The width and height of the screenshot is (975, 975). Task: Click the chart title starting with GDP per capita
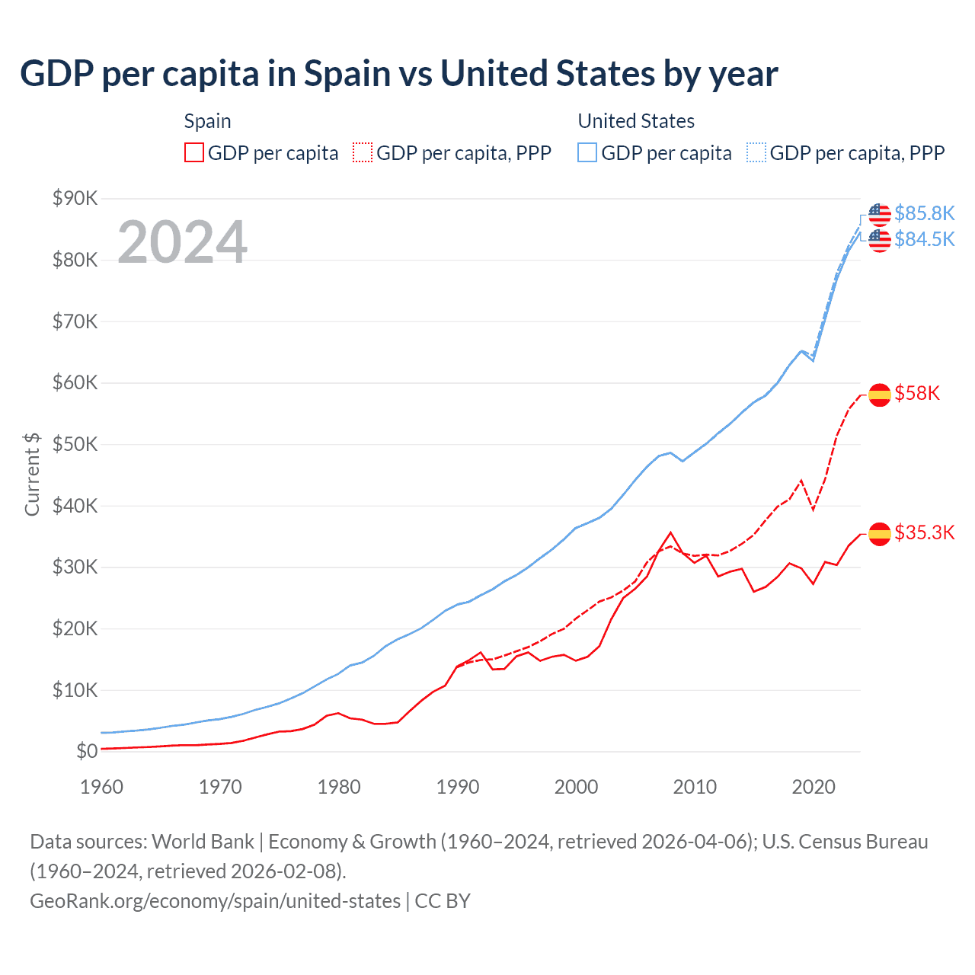coord(398,74)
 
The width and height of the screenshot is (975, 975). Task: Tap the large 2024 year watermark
coord(182,242)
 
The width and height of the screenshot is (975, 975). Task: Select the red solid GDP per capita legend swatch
coord(194,152)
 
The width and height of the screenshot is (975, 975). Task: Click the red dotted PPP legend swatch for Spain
coord(363,152)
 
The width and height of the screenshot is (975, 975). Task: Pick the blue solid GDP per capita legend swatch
coord(587,152)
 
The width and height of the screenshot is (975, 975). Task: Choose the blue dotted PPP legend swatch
coord(756,152)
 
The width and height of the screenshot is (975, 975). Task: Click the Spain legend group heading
coord(207,121)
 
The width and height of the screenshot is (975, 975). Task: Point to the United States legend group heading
coord(636,121)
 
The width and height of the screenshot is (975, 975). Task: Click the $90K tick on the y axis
coord(75,199)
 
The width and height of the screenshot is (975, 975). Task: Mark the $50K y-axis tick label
coord(75,444)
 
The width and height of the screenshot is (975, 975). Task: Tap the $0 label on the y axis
coord(87,752)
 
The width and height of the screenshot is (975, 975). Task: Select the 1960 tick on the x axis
coord(101,787)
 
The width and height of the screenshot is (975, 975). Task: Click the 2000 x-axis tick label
coord(576,787)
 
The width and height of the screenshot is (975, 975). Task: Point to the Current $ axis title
coord(32,474)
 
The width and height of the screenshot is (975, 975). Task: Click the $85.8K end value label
coord(924,213)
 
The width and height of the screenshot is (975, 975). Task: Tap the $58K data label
coord(917,393)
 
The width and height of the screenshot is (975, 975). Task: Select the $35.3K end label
coord(924,532)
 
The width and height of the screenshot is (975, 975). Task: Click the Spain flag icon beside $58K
coord(880,395)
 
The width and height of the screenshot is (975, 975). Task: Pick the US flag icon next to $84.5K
coord(880,240)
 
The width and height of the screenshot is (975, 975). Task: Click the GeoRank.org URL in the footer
coord(215,901)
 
